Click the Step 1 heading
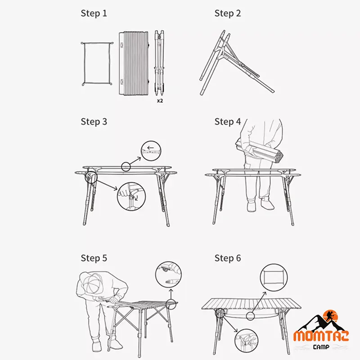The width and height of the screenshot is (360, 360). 94,13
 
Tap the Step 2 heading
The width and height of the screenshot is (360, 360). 228,13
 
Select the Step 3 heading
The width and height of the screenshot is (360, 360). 94,121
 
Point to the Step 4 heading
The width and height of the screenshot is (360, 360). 228,121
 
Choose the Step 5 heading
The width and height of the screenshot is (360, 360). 94,258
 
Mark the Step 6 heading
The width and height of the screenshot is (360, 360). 228,258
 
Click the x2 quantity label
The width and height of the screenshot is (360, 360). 160,100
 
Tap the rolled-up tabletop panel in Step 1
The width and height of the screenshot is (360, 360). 134,63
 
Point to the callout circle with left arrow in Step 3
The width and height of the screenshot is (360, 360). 151,141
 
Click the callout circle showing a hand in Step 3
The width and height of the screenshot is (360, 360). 131,183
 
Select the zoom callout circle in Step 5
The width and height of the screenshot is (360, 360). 168,262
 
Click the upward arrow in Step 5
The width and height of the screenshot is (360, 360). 171,294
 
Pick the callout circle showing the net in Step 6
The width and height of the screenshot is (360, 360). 274,264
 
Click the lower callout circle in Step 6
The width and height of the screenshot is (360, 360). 246,329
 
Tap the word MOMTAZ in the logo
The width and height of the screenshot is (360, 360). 321,336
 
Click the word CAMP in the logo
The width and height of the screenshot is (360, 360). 321,346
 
